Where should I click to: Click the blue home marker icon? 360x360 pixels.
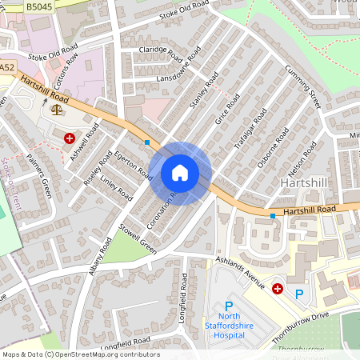(x=180, y=173)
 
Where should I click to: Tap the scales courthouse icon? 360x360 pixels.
(x=56, y=110)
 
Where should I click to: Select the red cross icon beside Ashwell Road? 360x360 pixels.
(x=69, y=138)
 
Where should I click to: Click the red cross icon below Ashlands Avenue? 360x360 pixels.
(x=278, y=288)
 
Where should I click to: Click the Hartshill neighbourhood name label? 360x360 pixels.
(x=302, y=183)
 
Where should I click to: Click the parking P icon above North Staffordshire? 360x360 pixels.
(x=229, y=306)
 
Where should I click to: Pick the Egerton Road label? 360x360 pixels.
(x=133, y=163)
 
